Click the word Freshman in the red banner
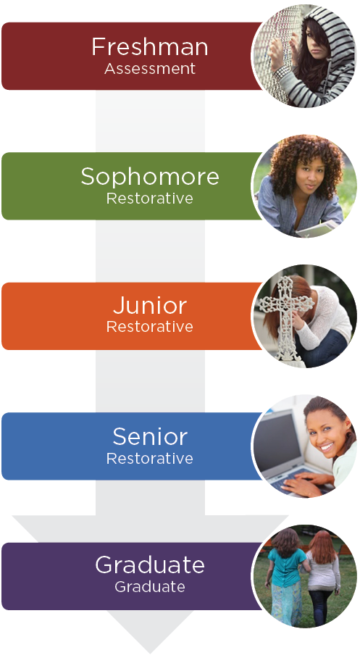(x=150, y=46)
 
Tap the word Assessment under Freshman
(x=150, y=68)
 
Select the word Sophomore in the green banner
(x=150, y=177)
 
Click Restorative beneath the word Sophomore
(x=150, y=198)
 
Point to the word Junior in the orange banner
(x=150, y=306)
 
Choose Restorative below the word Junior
(x=150, y=327)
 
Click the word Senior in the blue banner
(x=150, y=437)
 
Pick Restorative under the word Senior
(x=150, y=458)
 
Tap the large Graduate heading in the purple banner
(x=150, y=565)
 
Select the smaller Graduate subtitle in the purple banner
(x=150, y=587)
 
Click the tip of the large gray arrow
(x=150, y=653)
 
